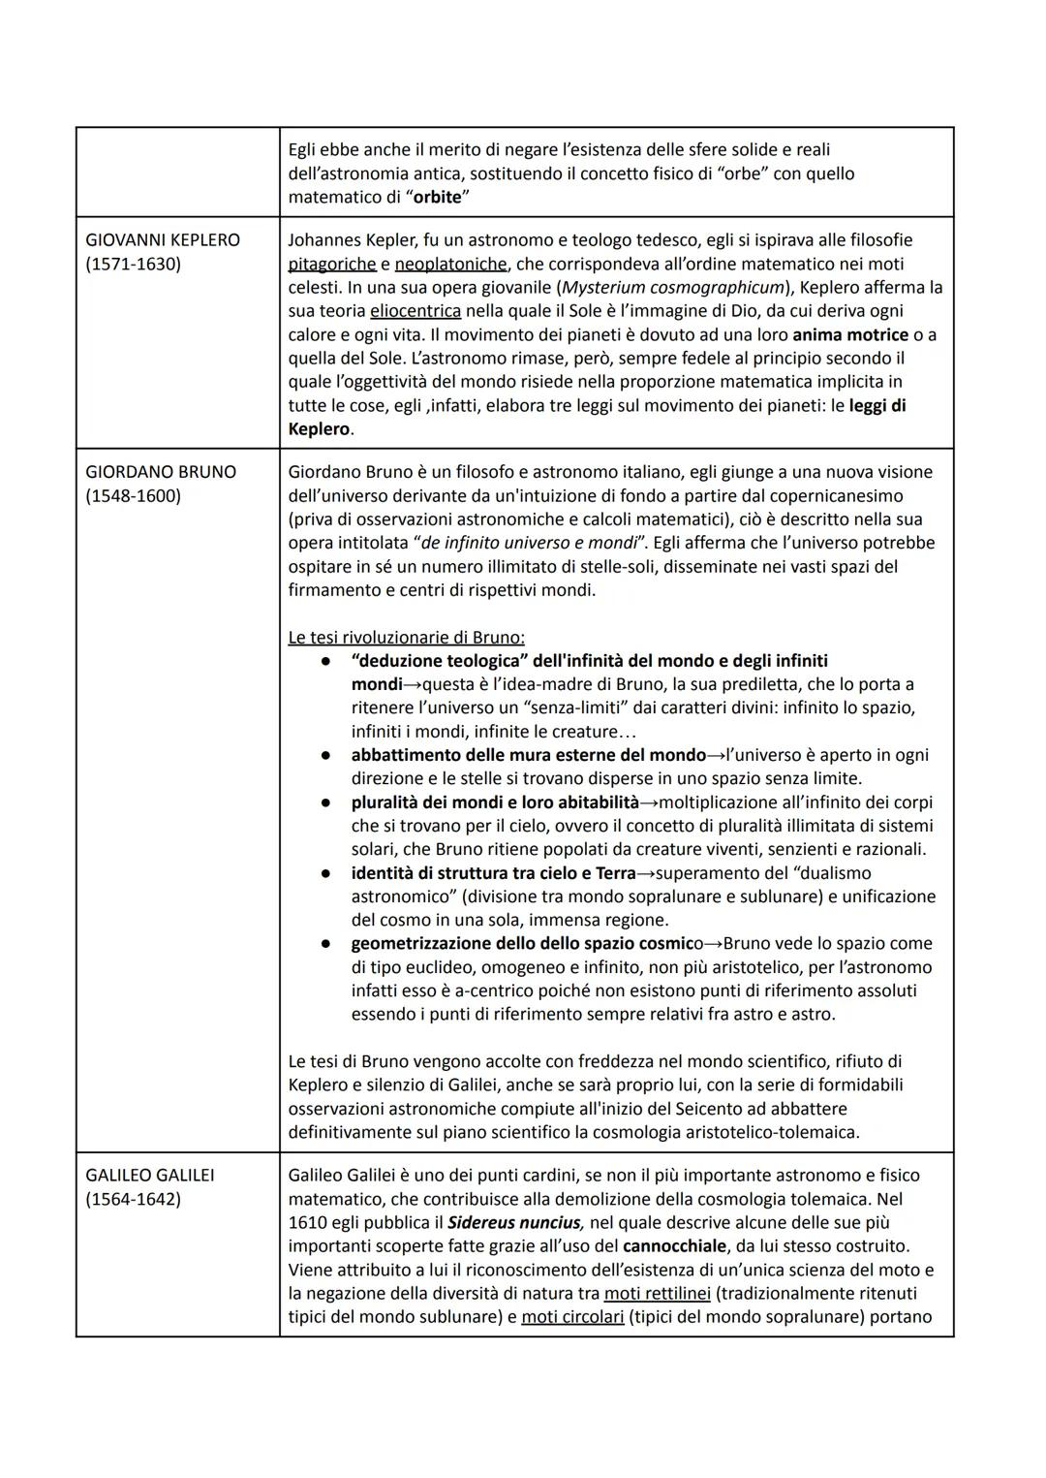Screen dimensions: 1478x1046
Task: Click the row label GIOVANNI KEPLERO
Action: click(163, 239)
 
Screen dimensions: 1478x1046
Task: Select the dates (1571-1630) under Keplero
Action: click(133, 264)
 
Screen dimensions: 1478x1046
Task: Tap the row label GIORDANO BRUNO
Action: click(161, 472)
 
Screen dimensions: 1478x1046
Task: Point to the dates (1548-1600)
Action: click(133, 496)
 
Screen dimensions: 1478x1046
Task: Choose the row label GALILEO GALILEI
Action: click(150, 1175)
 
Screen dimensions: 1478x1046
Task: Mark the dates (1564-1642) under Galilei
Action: click(133, 1199)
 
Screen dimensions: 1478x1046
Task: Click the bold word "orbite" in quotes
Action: click(437, 197)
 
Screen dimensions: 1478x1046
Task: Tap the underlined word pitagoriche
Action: click(332, 264)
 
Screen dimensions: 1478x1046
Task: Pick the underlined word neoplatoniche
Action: click(450, 264)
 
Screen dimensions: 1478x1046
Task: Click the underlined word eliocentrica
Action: click(415, 311)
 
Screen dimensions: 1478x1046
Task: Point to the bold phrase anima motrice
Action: click(850, 334)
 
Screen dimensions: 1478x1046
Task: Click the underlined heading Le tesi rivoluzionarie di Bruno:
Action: click(407, 638)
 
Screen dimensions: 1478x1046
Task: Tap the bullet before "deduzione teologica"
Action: click(329, 661)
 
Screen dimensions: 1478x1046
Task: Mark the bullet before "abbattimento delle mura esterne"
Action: click(329, 755)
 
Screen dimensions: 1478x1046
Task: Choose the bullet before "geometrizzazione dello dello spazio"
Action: click(329, 943)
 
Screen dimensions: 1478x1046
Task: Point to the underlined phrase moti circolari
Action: click(572, 1317)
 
